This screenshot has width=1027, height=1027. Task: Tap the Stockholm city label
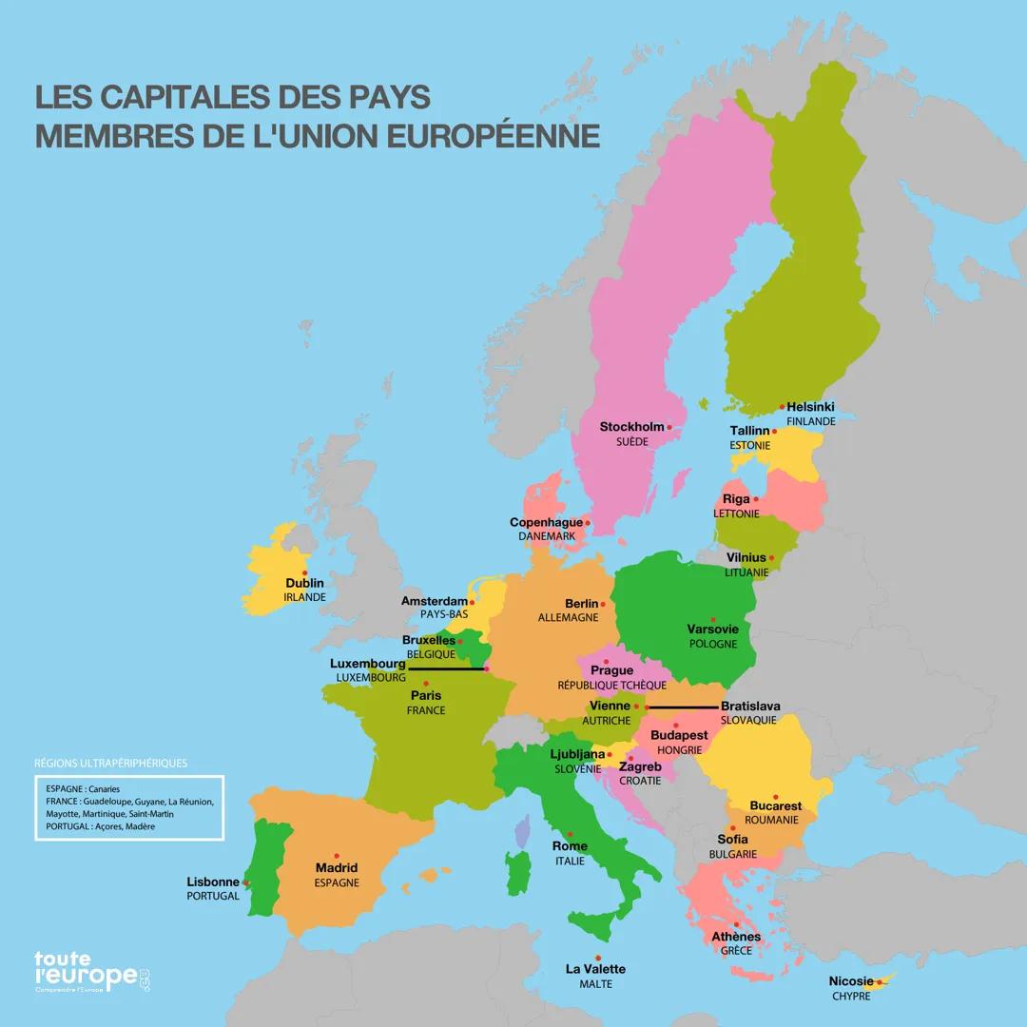point(631,427)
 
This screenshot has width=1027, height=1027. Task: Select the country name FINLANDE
point(810,421)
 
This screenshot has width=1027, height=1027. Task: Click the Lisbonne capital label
point(213,882)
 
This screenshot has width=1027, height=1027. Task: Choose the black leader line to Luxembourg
point(447,669)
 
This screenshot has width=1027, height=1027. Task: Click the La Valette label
point(595,969)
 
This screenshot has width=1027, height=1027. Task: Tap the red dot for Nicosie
point(880,981)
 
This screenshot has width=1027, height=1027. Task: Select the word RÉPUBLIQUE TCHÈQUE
point(611,685)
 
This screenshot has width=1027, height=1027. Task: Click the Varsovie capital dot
point(712,618)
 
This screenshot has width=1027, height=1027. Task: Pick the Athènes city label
point(736,937)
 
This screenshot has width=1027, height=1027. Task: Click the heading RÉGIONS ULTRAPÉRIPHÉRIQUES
point(110,763)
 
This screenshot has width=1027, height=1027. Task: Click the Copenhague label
point(546,522)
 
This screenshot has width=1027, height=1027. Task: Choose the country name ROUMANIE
point(771,820)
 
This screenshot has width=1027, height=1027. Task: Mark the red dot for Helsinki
point(782,407)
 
